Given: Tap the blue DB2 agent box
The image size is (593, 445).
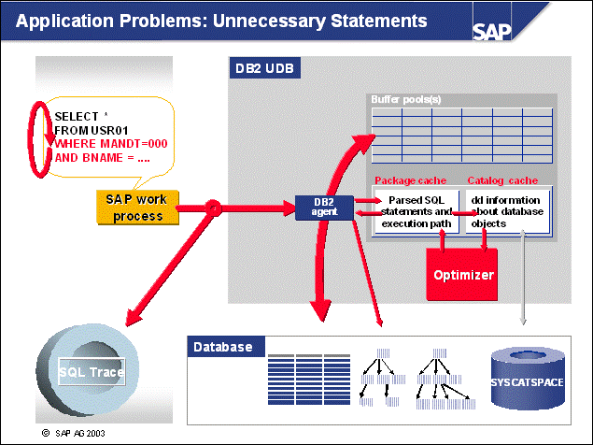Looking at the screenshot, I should point(325,208).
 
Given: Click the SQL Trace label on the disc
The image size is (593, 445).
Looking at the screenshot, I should point(92,371).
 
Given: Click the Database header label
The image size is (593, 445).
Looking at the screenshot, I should point(222,347).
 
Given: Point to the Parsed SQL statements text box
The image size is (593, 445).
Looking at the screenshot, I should point(416,211).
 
